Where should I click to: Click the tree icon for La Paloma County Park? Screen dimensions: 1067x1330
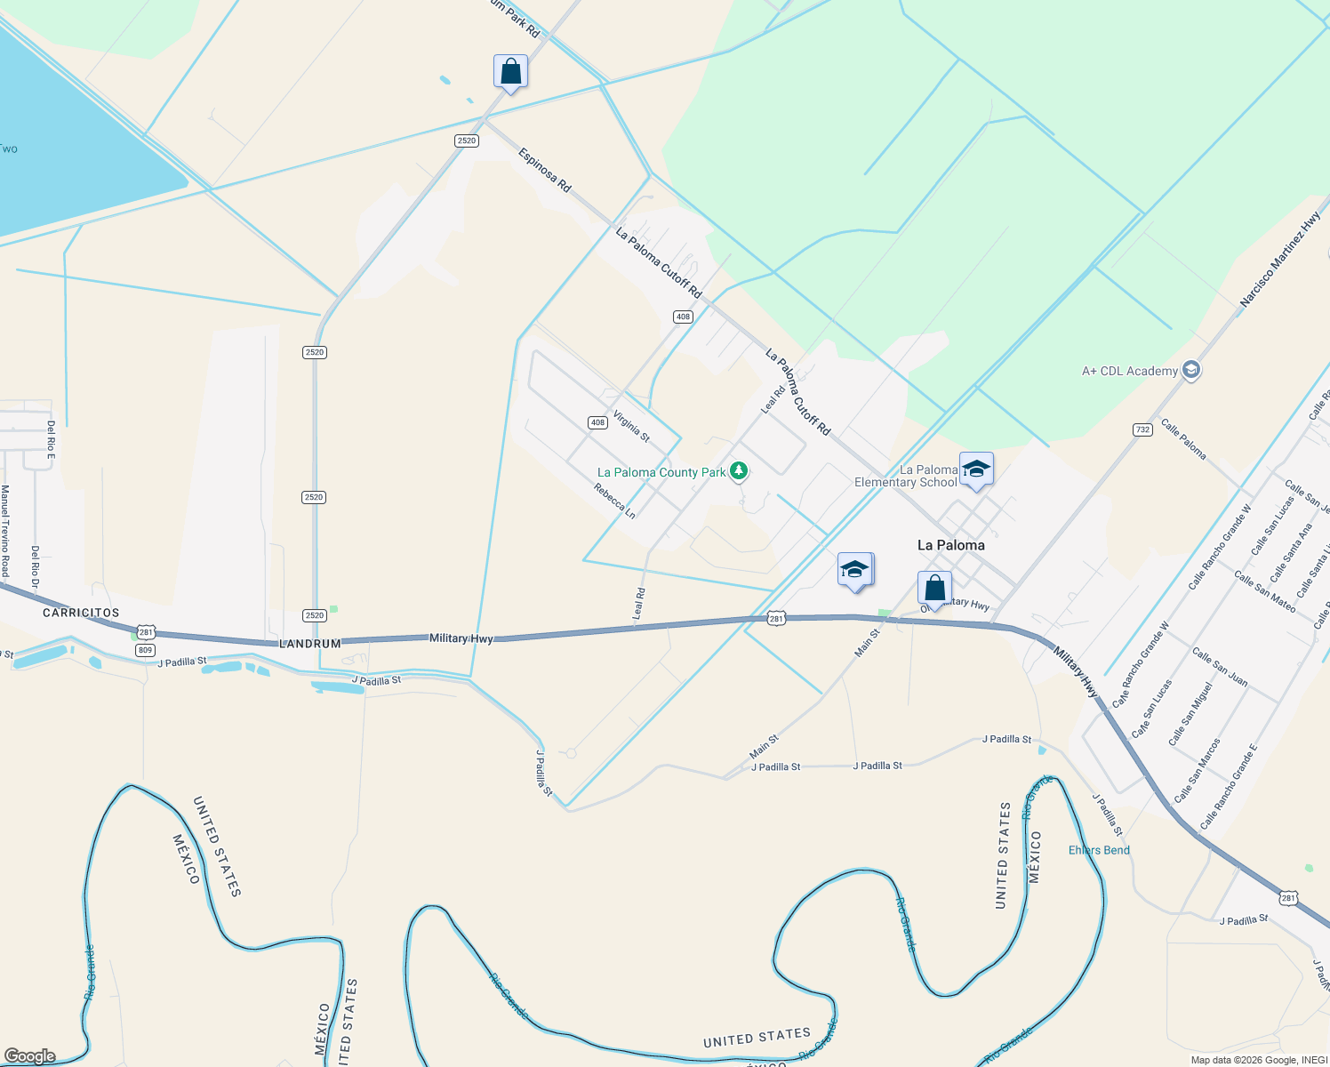pyautogui.click(x=738, y=471)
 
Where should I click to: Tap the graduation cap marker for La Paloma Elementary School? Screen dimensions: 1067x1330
pyautogui.click(x=976, y=469)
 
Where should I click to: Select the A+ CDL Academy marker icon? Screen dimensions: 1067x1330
pyautogui.click(x=1191, y=370)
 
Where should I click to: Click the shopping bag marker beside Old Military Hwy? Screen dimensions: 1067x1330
pyautogui.click(x=934, y=589)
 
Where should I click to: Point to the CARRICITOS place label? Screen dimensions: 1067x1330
pyautogui.click(x=81, y=613)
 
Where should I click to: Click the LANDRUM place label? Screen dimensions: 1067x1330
pyautogui.click(x=309, y=643)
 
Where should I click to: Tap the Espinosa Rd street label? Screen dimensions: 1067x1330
pyautogui.click(x=544, y=170)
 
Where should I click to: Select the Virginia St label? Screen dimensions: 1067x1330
pyautogui.click(x=631, y=425)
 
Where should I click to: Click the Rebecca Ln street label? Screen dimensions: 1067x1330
pyautogui.click(x=614, y=501)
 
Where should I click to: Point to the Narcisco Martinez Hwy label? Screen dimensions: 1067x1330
pyautogui.click(x=1280, y=260)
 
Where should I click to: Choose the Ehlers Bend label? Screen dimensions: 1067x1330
pyautogui.click(x=1099, y=850)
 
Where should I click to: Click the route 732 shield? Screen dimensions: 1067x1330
pyautogui.click(x=1142, y=429)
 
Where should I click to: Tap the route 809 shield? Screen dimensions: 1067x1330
pyautogui.click(x=146, y=650)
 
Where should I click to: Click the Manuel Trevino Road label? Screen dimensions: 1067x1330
pyautogui.click(x=5, y=531)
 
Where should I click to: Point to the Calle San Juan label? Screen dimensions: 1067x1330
pyautogui.click(x=1220, y=667)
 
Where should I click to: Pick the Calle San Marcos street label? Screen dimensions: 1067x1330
pyautogui.click(x=1197, y=770)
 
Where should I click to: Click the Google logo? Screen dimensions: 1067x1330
pyautogui.click(x=30, y=1056)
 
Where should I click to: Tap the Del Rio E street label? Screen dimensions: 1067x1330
pyautogui.click(x=51, y=440)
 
